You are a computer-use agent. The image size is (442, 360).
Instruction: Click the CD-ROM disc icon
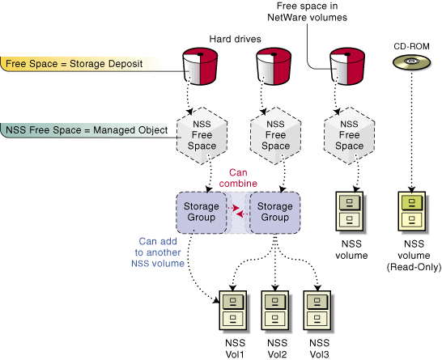click(x=411, y=62)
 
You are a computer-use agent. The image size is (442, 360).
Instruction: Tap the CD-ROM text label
click(x=411, y=46)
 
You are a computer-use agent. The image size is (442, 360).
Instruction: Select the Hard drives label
click(x=235, y=39)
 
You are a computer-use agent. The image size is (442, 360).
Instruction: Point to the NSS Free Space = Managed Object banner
click(x=84, y=130)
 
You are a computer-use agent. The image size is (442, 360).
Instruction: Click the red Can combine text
click(x=238, y=178)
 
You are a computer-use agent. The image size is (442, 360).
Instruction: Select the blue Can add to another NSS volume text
click(x=158, y=252)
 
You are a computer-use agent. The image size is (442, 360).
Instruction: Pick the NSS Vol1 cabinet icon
click(x=234, y=311)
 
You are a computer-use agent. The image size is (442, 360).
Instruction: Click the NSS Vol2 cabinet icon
click(x=276, y=311)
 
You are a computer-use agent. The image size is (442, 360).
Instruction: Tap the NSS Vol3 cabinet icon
click(x=318, y=311)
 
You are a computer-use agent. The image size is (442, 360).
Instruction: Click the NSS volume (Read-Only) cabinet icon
click(x=413, y=212)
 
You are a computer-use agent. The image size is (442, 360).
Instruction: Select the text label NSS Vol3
click(x=319, y=349)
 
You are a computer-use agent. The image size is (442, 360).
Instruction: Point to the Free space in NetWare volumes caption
click(x=307, y=12)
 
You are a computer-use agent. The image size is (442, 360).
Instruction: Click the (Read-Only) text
click(x=414, y=267)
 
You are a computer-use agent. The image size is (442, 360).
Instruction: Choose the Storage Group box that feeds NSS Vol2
click(x=275, y=213)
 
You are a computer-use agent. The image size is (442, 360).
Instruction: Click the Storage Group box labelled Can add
click(x=202, y=213)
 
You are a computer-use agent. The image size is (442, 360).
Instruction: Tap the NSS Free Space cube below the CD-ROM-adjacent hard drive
click(x=349, y=135)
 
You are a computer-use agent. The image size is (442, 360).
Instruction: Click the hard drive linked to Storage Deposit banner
click(x=200, y=66)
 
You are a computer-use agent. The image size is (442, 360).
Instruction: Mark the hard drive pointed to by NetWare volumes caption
click(x=347, y=66)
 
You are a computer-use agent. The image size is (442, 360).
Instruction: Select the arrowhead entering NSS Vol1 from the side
click(x=216, y=300)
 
